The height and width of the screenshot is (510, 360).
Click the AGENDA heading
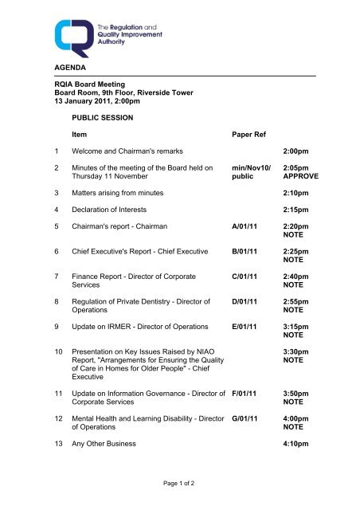click(63, 70)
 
